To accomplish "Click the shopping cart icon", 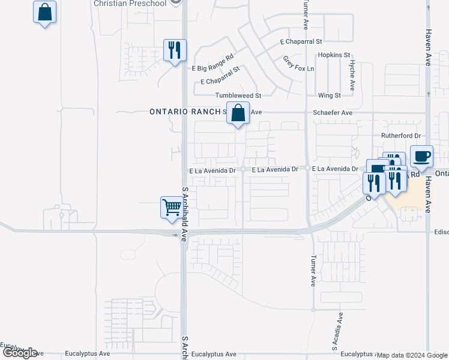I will point(172,208).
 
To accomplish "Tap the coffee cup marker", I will point(421,156).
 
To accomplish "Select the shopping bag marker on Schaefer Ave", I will point(238,112).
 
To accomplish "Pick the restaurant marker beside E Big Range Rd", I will point(175,50).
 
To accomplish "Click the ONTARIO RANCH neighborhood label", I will point(185,112).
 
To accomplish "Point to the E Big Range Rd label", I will point(212,68).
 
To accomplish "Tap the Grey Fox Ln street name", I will point(298,64).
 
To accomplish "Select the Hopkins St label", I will point(334,55).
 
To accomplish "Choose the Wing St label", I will point(329,95).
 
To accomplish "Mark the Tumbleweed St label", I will point(238,95).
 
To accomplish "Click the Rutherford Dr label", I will point(402,136).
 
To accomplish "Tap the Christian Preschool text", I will point(131,4).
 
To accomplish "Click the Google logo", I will point(20,353).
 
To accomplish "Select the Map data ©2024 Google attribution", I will point(412,355).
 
